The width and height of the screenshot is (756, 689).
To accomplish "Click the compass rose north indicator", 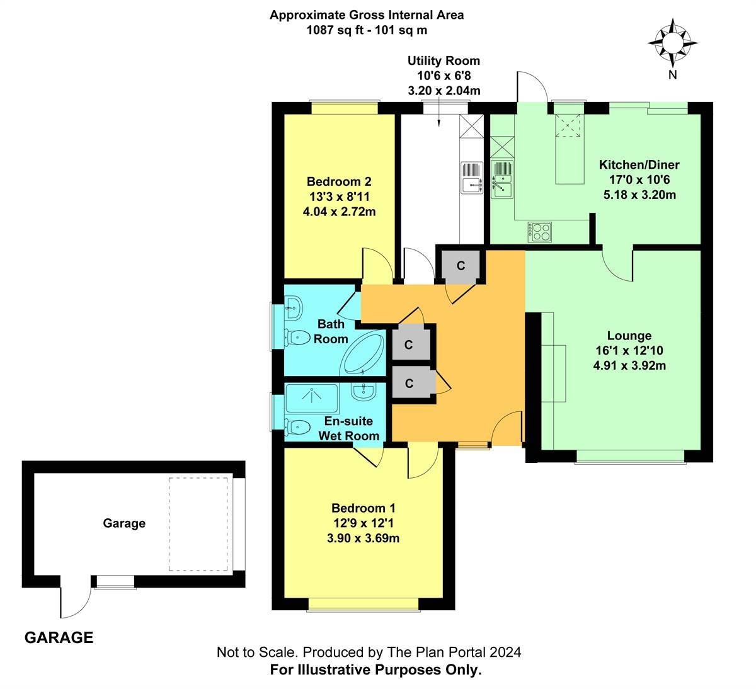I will click(x=672, y=43).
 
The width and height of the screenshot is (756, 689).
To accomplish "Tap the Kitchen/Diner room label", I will click(x=639, y=165).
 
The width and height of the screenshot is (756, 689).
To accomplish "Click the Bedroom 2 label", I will click(x=339, y=183).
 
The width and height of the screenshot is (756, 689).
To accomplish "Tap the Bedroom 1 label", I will click(x=364, y=508).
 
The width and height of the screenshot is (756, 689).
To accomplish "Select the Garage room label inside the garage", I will click(x=124, y=523).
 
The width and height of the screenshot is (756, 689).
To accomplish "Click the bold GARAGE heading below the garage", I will click(x=59, y=637).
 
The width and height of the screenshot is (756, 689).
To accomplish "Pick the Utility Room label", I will click(x=444, y=61).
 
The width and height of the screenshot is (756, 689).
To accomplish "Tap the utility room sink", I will click(x=471, y=178).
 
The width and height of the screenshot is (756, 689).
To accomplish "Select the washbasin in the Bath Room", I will click(x=294, y=309).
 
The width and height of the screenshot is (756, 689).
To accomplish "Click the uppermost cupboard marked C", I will click(x=461, y=266).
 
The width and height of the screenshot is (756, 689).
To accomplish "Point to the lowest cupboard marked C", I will click(x=409, y=383).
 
